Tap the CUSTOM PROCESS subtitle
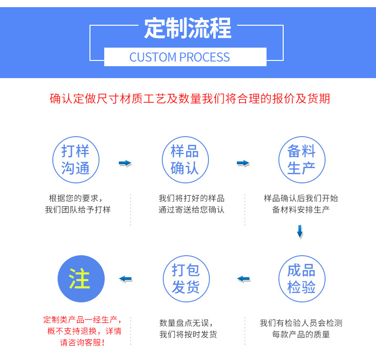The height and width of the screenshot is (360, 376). pyautogui.click(x=179, y=58)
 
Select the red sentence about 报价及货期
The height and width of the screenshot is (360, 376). pyautogui.click(x=189, y=99)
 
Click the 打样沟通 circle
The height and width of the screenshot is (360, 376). pyautogui.click(x=75, y=160)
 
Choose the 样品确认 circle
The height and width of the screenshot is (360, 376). pyautogui.click(x=184, y=160)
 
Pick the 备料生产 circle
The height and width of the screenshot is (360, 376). pyautogui.click(x=301, y=160)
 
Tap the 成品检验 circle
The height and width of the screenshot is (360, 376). pyautogui.click(x=301, y=279)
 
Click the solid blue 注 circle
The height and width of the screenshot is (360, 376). pyautogui.click(x=80, y=279)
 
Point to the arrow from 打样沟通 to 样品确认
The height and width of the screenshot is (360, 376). pyautogui.click(x=125, y=163)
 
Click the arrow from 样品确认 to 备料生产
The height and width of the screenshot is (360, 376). pyautogui.click(x=243, y=163)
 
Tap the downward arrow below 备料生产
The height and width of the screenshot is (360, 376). pyautogui.click(x=300, y=231)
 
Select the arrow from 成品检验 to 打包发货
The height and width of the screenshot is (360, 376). pyautogui.click(x=243, y=279)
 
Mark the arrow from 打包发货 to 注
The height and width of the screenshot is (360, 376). pyautogui.click(x=125, y=279)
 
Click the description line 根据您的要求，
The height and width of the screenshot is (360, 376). pyautogui.click(x=75, y=198)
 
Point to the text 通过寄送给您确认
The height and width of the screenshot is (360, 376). pyautogui.click(x=191, y=210)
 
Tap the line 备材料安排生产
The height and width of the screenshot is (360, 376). pyautogui.click(x=301, y=210)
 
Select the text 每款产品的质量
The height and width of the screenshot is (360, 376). pyautogui.click(x=301, y=334)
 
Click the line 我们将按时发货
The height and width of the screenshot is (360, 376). pyautogui.click(x=188, y=334)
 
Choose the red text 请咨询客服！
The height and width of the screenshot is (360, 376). pyautogui.click(x=82, y=342)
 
